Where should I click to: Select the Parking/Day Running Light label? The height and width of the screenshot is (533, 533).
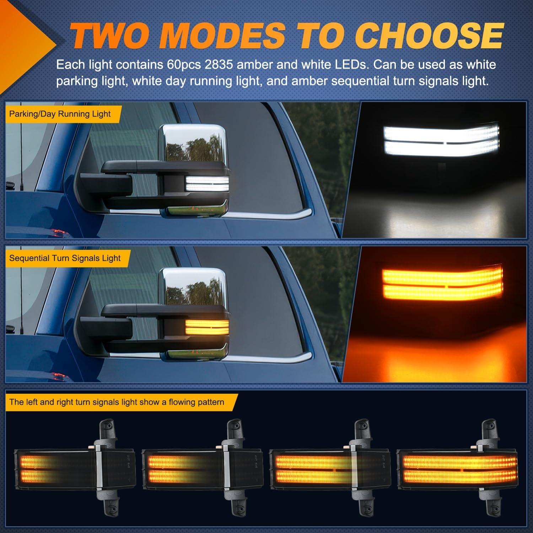[x=60, y=114]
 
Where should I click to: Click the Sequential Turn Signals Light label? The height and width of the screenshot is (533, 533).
[x=65, y=258]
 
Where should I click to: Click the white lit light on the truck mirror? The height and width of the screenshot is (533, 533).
[x=207, y=184]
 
